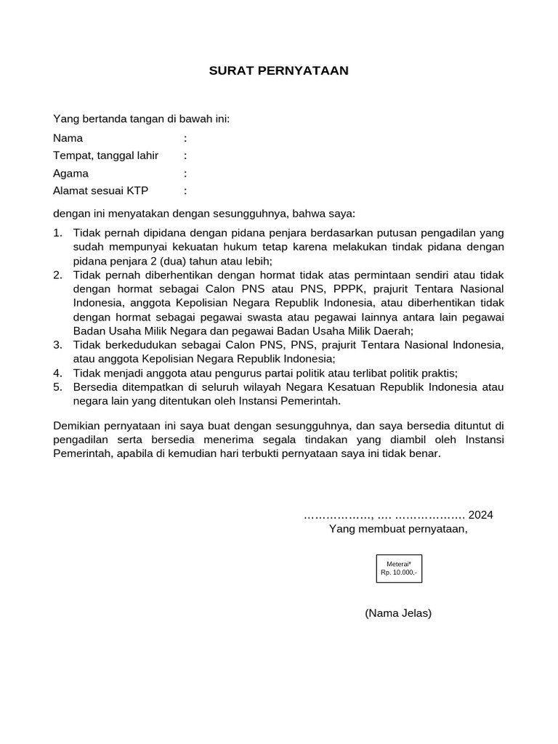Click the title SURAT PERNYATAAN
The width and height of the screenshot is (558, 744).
click(x=279, y=70)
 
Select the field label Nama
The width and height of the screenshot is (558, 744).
click(x=68, y=138)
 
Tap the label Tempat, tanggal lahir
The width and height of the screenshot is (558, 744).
click(x=105, y=155)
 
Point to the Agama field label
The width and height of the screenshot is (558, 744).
click(x=70, y=174)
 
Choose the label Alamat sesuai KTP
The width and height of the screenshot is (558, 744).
click(x=100, y=191)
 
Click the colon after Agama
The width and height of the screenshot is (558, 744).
click(x=186, y=174)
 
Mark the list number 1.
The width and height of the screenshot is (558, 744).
click(x=57, y=233)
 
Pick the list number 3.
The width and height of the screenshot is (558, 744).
click(x=57, y=344)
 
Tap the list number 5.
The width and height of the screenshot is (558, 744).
click(x=57, y=387)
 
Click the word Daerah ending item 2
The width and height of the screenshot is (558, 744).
click(x=393, y=331)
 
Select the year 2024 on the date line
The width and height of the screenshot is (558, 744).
click(x=480, y=515)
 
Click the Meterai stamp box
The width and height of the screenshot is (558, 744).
click(x=399, y=568)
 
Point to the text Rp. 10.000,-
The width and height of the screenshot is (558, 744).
click(x=399, y=573)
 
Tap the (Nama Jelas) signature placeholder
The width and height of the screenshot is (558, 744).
click(x=398, y=613)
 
